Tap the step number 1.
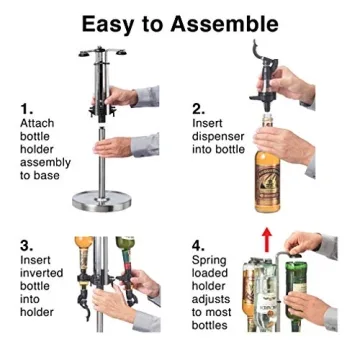point(27,103)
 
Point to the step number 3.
point(26,244)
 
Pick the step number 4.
point(198,244)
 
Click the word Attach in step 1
point(37,122)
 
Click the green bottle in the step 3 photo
point(124,270)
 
